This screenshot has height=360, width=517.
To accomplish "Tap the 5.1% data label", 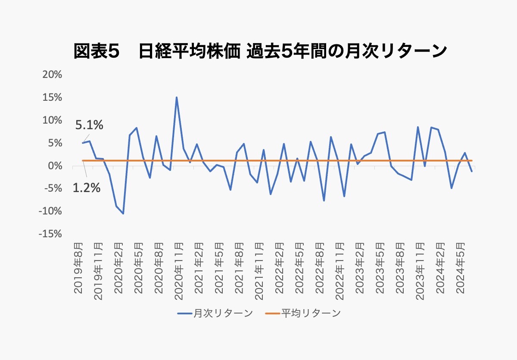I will point(89,125).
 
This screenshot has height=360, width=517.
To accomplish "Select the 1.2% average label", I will point(86,188).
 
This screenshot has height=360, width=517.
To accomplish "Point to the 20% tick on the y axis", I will point(52,75).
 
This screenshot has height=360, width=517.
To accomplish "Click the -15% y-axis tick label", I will point(50,234).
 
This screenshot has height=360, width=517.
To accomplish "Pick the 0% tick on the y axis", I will point(55,166).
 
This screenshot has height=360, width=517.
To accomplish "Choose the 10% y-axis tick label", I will point(52,120).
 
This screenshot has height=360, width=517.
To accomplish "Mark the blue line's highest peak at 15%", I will point(176,97).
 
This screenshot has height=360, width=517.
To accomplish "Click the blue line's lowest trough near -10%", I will point(123,213).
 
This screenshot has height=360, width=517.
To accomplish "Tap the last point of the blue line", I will point(472,171).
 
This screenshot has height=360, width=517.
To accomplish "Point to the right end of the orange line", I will point(472,161).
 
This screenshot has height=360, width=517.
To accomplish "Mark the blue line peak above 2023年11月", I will point(417,127).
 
